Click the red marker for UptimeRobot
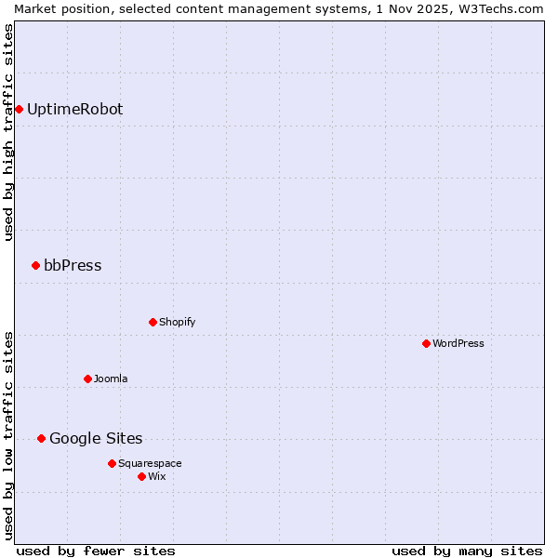coord(19,110)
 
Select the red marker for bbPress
coord(35,266)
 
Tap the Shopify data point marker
coord(153,323)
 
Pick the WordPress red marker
coord(426,344)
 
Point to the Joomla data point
coord(87,379)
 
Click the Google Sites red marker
coord(41,439)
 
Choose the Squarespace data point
coord(112,464)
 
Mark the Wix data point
coord(141,477)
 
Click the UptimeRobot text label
coord(74,110)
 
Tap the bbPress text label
coord(73,266)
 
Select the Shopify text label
coord(177,323)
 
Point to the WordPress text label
coord(458,344)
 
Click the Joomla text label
coord(111,379)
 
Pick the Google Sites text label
coord(96,439)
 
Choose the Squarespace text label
coord(150,464)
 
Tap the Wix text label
coord(156,477)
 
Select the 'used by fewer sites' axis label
coord(96,551)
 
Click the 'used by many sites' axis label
coord(467,551)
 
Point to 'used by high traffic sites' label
coord(8,132)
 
